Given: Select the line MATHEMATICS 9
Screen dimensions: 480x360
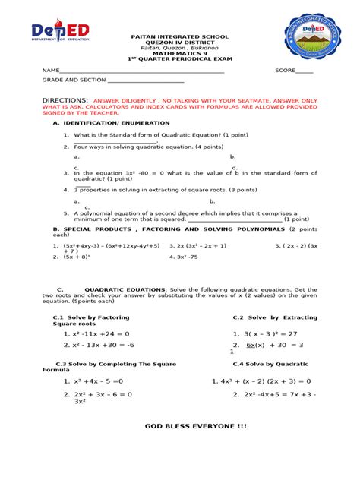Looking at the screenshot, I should (x=180, y=54).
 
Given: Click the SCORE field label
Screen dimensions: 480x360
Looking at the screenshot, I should (x=283, y=71).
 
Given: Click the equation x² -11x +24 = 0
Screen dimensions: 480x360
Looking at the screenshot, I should (x=102, y=333).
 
